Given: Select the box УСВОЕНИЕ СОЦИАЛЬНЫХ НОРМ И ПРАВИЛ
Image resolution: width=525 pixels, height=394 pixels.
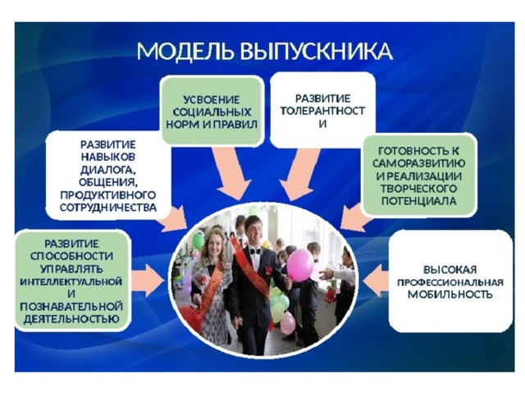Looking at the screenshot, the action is pyautogui.click(x=212, y=112).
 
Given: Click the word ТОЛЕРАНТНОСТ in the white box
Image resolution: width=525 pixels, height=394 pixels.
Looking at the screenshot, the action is pyautogui.click(x=322, y=111).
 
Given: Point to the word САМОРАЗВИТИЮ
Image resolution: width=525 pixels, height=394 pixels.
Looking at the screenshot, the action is pyautogui.click(x=419, y=163).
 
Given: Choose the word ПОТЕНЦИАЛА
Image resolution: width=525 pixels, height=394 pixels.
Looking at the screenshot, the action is pyautogui.click(x=419, y=201).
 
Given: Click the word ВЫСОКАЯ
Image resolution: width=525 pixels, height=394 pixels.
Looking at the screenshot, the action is pyautogui.click(x=450, y=270).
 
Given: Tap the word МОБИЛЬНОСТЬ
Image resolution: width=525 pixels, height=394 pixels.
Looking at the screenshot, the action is pyautogui.click(x=450, y=295).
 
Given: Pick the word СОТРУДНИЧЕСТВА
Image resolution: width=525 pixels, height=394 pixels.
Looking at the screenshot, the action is pyautogui.click(x=108, y=208).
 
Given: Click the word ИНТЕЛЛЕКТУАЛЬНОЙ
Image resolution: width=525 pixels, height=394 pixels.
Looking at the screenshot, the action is pyautogui.click(x=71, y=282).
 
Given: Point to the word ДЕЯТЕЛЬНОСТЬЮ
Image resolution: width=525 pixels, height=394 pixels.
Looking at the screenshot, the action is pyautogui.click(x=71, y=319).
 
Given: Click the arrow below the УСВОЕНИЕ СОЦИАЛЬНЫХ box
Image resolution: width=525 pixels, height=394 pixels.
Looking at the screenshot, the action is pyautogui.click(x=231, y=173).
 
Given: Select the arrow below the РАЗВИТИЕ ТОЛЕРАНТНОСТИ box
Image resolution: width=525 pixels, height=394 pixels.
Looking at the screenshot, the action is pyautogui.click(x=299, y=174).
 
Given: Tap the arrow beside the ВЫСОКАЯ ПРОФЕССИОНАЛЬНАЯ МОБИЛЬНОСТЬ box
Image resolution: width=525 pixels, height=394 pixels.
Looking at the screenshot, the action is pyautogui.click(x=376, y=281).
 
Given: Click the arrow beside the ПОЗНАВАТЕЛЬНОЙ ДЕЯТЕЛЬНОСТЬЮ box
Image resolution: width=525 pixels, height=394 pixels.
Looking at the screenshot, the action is pyautogui.click(x=148, y=280).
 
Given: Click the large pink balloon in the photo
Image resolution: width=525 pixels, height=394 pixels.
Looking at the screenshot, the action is pyautogui.click(x=300, y=265).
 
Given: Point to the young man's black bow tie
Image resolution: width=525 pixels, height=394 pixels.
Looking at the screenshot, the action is pyautogui.click(x=255, y=250).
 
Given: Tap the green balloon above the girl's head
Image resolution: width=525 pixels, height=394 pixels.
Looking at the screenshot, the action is pyautogui.click(x=199, y=241).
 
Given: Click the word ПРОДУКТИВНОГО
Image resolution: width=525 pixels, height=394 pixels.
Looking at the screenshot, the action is pyautogui.click(x=108, y=195).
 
